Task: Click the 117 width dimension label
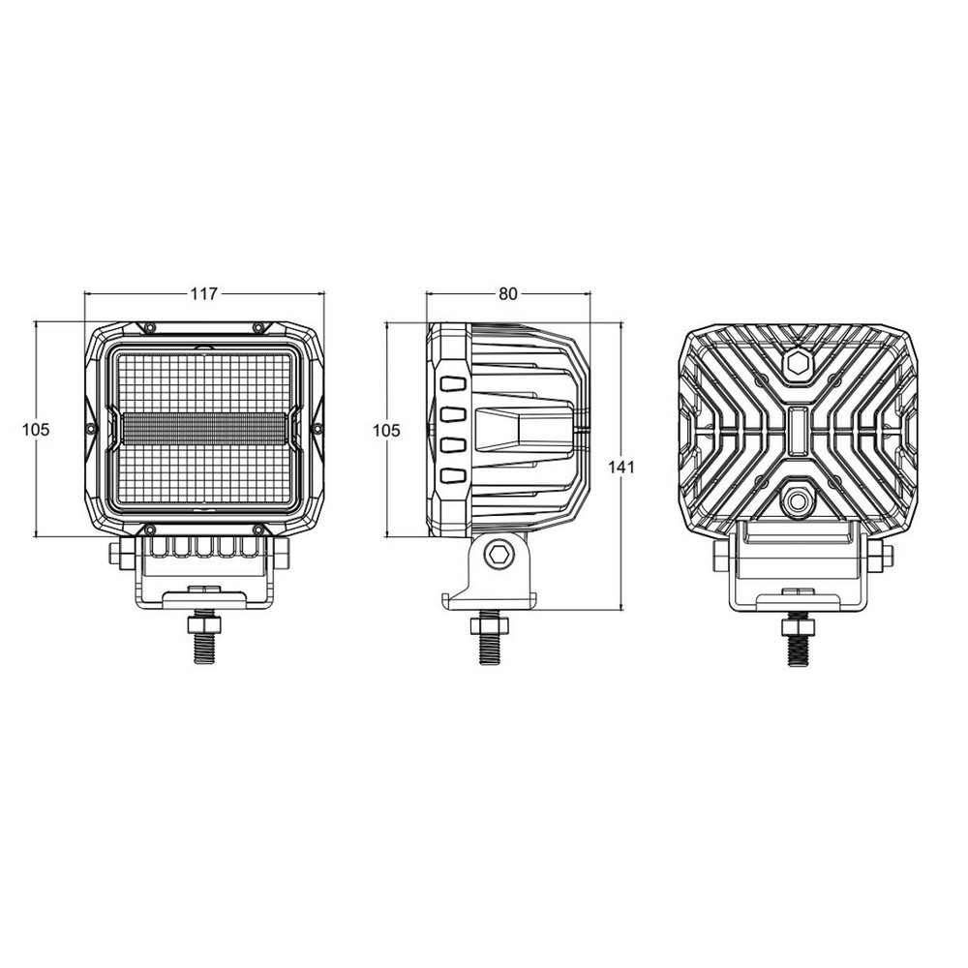(203, 294)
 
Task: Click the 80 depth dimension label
(508, 294)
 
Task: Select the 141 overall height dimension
(621, 468)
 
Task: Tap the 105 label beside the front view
(36, 429)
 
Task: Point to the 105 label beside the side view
(387, 431)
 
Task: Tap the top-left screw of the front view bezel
(149, 326)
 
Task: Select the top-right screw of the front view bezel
(259, 326)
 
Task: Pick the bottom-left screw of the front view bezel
(149, 529)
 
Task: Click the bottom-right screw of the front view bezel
(259, 529)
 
